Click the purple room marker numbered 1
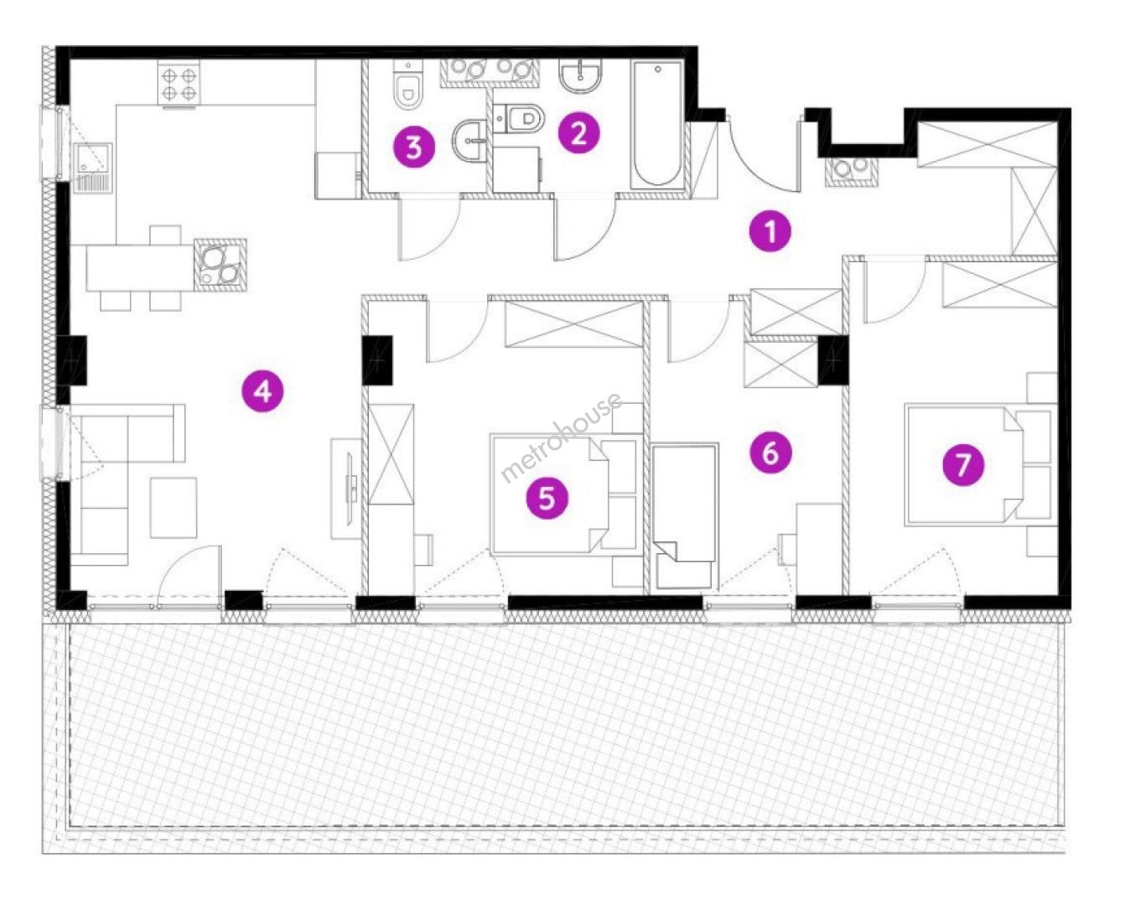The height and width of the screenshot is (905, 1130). pos(770,231)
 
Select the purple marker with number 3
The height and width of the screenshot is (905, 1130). pos(415,147)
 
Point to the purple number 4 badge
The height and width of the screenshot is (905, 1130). pos(262,391)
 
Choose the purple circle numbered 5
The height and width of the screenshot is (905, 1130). pos(547,498)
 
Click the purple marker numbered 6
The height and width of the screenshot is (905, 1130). pos(770,452)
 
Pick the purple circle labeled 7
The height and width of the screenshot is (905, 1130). pos(963,464)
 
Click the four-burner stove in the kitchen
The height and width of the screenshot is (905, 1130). pos(179,82)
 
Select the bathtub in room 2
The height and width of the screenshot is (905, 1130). pos(657,124)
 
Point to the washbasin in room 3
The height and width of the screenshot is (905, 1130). pos(469,139)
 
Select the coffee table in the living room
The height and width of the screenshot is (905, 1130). pos(174,508)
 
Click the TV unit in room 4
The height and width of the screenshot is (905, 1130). pos(345,489)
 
